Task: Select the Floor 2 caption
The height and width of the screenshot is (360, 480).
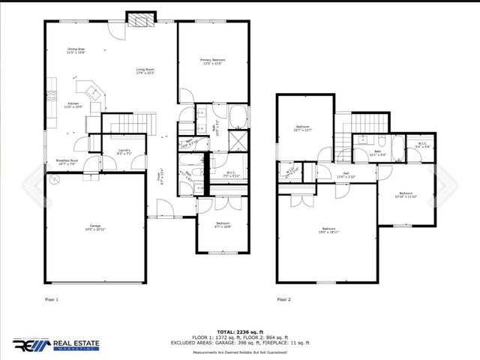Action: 284,299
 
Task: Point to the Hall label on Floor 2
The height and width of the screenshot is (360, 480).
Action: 346,175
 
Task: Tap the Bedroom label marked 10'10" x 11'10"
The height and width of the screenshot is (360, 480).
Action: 405,195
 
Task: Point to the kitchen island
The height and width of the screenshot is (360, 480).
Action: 94,91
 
